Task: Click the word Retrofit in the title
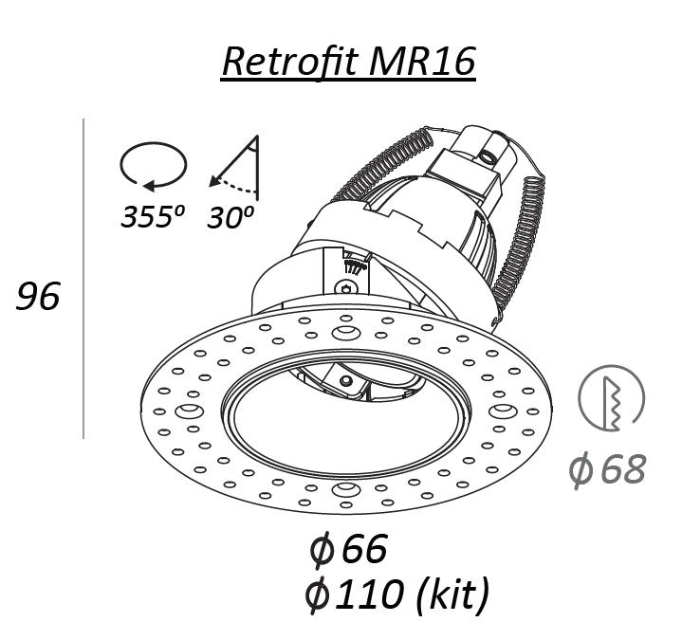tap(290, 62)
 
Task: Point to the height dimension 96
tap(38, 296)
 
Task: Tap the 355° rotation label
tap(153, 216)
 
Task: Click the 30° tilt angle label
tap(230, 217)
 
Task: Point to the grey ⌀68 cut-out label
tap(608, 469)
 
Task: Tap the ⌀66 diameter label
tap(348, 548)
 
